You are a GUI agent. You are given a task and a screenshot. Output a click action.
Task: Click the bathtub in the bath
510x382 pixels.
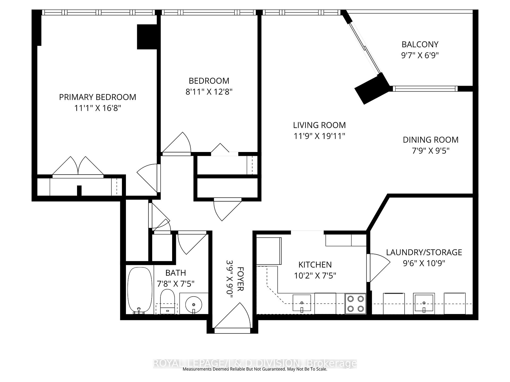coord(139,290)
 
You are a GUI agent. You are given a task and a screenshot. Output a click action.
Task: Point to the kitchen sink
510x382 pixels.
coord(302,303)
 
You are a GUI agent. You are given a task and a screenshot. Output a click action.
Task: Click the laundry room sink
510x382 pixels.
coord(424,303)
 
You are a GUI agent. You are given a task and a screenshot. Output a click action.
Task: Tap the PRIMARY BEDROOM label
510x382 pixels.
coord(97,97)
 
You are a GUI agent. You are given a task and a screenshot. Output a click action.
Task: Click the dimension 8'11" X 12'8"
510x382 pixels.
coord(209,92)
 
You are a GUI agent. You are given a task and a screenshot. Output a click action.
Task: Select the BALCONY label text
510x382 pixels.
coord(420,44)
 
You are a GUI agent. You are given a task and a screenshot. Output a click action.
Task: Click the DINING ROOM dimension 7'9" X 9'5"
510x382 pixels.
coord(430,151)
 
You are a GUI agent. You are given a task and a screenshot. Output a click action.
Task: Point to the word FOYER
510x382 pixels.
coord(240,279)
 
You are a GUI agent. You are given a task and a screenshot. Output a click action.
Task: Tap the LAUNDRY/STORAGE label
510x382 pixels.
coord(424,252)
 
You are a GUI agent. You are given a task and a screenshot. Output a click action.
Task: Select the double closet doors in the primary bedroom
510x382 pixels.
coord(78,167)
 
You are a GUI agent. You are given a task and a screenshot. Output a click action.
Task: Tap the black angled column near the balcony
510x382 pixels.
coord(371,89)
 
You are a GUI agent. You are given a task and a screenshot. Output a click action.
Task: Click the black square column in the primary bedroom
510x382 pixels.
coord(147,37)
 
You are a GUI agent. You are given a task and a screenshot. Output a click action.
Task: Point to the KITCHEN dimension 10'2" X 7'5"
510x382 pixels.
coord(315,276)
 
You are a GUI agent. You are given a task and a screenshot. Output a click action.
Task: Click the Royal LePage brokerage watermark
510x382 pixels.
coord(255,363)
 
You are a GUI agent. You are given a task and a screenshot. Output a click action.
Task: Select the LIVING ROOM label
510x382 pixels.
coord(319,125)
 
